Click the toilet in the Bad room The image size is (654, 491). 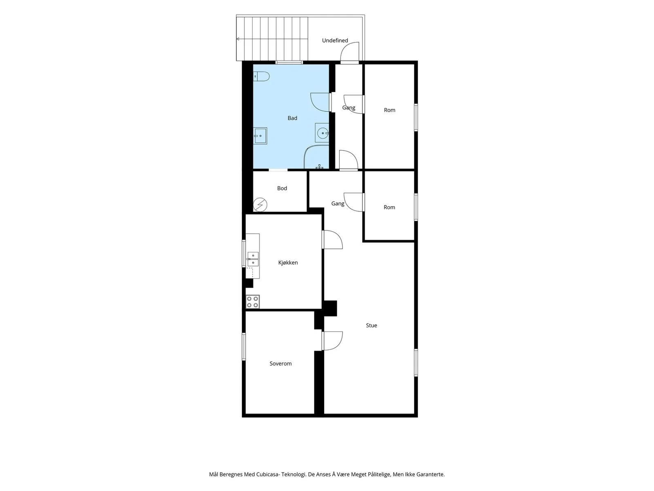261,77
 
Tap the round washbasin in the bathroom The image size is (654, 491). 322,133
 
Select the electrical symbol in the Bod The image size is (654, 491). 260,205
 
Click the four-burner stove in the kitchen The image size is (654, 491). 252,302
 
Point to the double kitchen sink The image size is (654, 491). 253,259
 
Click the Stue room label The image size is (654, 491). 371,326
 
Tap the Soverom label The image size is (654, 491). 280,364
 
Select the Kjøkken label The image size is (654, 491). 288,263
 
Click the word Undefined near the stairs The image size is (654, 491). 335,41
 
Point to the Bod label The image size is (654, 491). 282,188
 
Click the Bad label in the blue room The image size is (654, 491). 292,118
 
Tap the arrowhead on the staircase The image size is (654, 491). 238,39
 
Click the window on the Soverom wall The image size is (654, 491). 244,347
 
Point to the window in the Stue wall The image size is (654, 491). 416,363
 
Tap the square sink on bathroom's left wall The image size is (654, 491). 260,136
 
